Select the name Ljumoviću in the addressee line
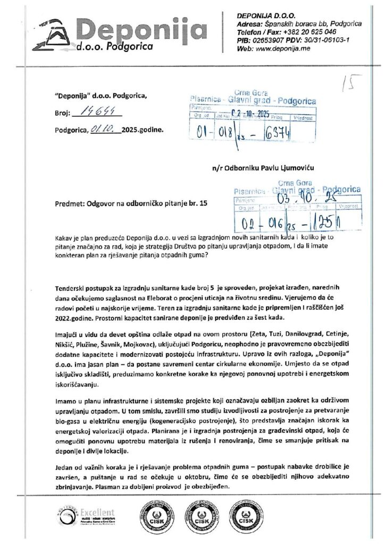pyautogui.click(x=295, y=167)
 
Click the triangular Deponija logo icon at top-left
pyautogui.click(x=52, y=36)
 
